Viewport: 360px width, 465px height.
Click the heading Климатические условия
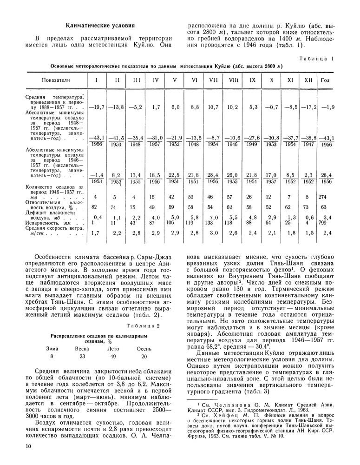pos(100,26)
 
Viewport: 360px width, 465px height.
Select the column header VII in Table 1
pos(214,80)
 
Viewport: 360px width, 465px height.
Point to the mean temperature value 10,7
pos(214,107)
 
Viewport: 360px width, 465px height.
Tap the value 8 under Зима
pos(52,331)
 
